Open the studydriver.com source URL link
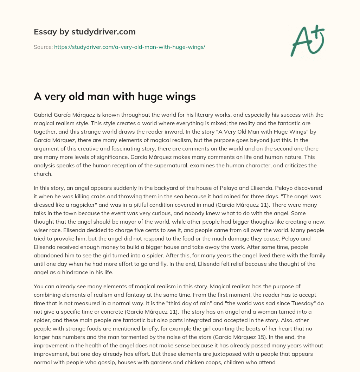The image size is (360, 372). [x=129, y=47]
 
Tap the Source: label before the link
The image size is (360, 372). [x=43, y=47]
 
